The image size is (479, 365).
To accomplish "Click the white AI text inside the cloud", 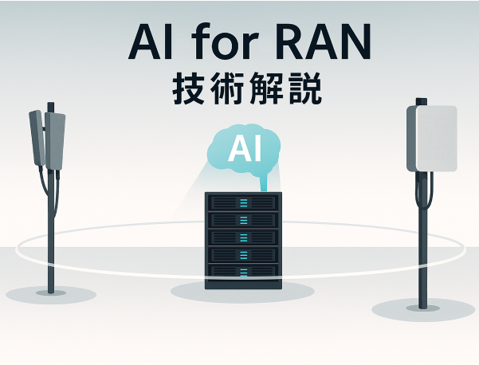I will click(244, 149).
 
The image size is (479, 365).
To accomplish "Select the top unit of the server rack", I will click(242, 202).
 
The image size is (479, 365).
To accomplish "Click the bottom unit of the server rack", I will click(242, 272).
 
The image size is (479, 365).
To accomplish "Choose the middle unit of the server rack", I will click(242, 237).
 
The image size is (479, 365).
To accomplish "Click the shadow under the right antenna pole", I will click(423, 310).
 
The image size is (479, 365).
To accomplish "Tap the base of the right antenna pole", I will click(422, 304).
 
